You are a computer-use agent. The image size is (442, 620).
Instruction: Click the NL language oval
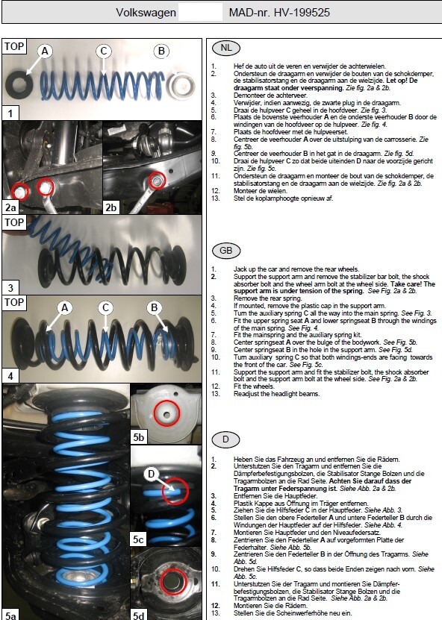click(226, 48)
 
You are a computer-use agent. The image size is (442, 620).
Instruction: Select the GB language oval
click(226, 250)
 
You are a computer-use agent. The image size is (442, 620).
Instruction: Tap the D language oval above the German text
click(225, 439)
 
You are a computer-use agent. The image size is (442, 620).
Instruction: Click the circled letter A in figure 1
click(45, 51)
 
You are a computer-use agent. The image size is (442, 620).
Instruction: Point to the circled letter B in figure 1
click(161, 51)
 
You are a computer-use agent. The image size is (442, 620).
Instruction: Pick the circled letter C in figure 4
click(105, 308)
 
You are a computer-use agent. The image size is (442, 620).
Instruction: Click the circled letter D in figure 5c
click(151, 474)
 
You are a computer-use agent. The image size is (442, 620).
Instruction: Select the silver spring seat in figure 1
click(181, 87)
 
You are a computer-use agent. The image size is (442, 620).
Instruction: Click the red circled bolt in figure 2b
click(158, 181)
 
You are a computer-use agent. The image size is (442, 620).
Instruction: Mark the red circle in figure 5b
click(166, 413)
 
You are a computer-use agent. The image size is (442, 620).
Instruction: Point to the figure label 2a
click(10, 207)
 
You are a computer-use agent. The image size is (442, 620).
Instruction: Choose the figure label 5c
click(138, 539)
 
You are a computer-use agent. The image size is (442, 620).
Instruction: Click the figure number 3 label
click(10, 287)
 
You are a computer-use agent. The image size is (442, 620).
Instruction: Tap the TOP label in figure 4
click(14, 302)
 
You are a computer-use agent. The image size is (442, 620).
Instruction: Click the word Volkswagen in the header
click(146, 13)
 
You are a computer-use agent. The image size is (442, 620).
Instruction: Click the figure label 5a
click(10, 616)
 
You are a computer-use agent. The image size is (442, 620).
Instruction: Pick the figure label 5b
click(139, 437)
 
